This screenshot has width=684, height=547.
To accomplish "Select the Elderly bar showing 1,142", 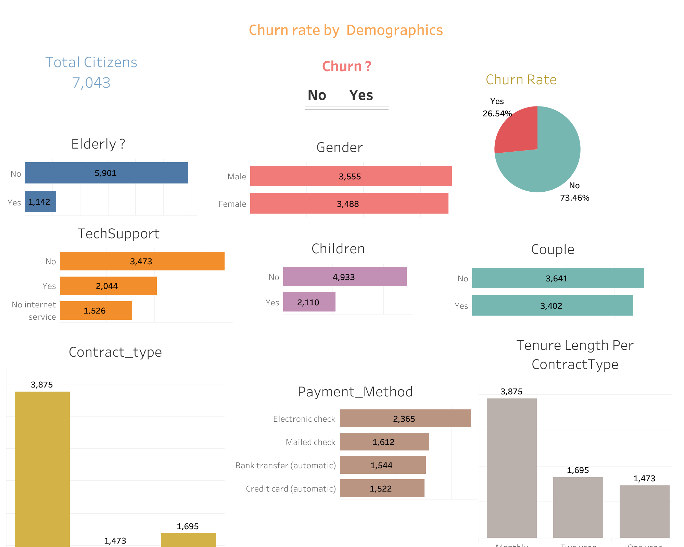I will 40,202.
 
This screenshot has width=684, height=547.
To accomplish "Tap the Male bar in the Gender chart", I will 351,176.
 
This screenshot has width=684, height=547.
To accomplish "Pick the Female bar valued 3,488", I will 349,203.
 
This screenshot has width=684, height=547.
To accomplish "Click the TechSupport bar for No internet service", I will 96,310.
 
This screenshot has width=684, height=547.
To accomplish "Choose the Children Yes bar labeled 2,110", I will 309,302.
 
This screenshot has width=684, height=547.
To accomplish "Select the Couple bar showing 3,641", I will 558,278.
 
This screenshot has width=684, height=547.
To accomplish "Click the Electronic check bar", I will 405,418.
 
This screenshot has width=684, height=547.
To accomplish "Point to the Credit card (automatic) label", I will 291,488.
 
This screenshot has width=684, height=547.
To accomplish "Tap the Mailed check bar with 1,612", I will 384,442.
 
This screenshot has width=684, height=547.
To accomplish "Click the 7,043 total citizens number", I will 91,83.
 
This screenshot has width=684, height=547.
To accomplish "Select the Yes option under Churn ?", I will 361,95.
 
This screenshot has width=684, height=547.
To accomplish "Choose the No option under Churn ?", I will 317,95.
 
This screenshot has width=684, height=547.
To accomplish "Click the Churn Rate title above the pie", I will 521,80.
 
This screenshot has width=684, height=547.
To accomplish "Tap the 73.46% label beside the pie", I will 574,198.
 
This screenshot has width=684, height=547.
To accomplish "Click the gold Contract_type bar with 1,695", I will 188,540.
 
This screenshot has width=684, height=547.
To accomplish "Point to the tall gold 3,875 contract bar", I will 42,469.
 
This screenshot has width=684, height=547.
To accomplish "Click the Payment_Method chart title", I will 355,392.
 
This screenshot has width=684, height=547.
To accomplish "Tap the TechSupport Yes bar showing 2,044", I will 108,286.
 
